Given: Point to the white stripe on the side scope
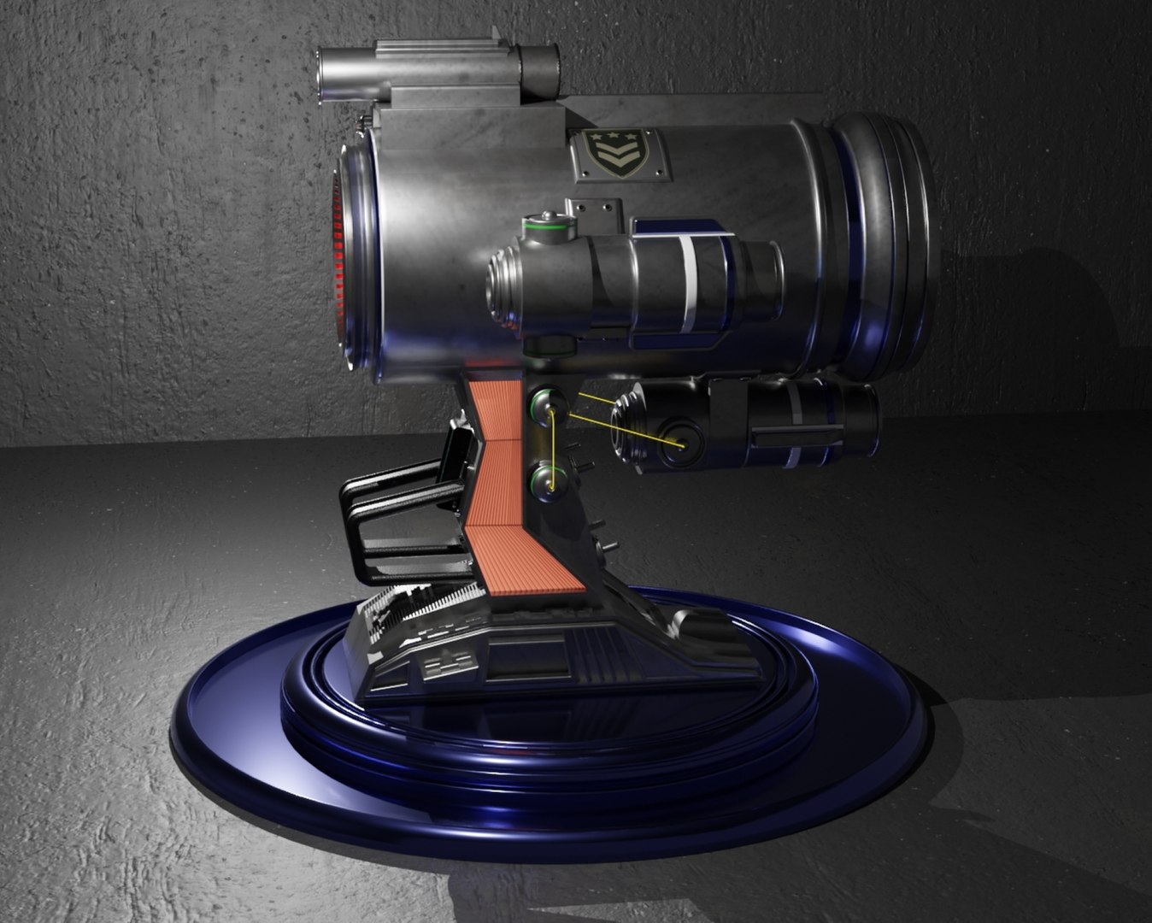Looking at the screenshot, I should click(688, 286).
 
